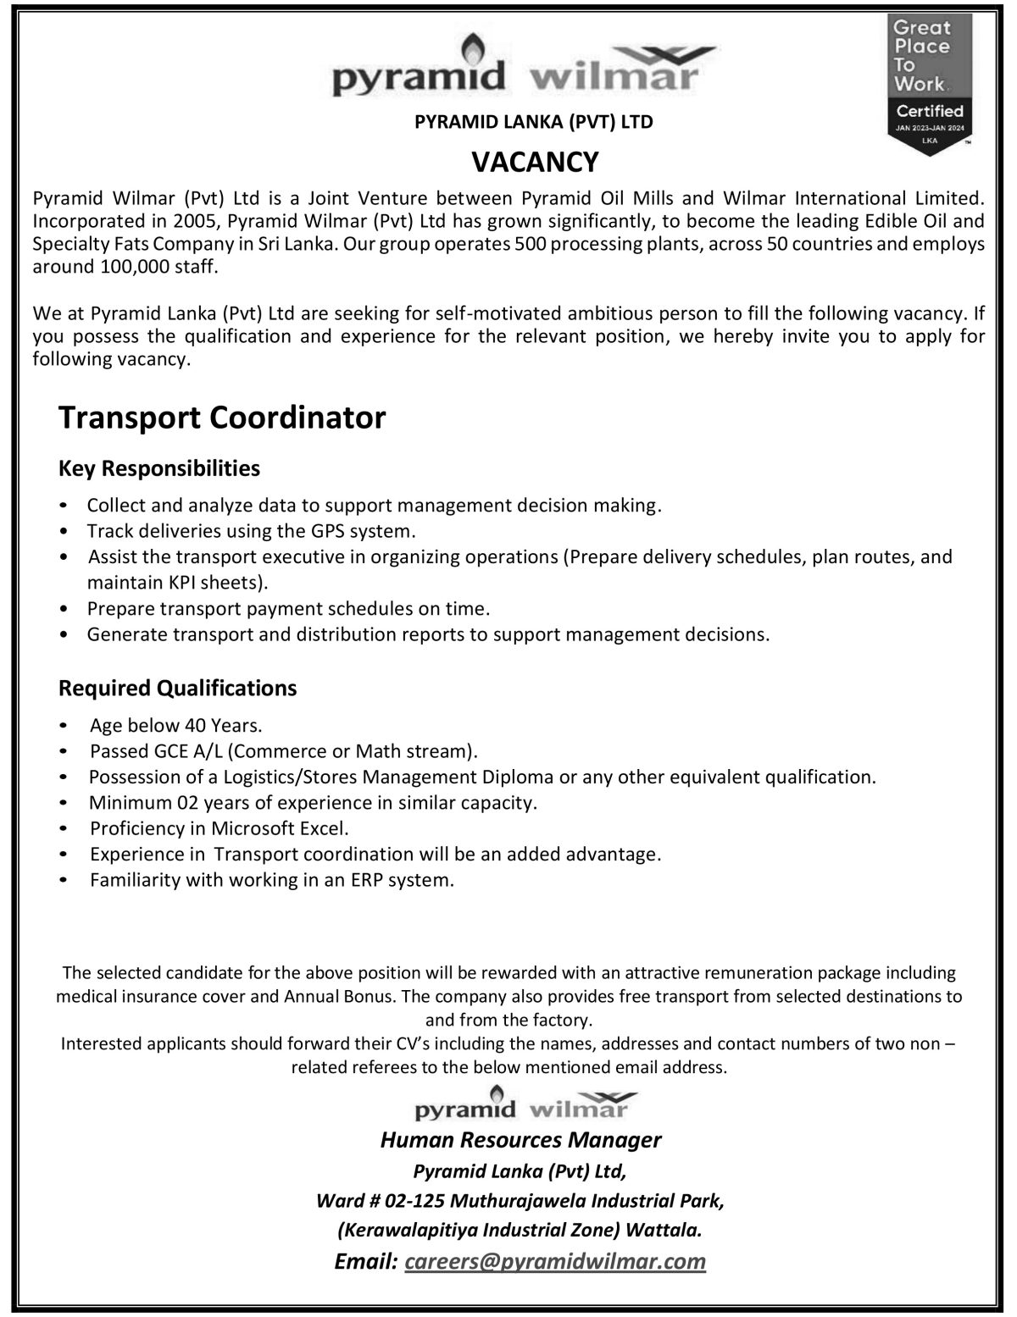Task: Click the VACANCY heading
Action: pos(535,161)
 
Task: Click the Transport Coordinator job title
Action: pos(222,418)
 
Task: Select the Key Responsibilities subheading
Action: pos(159,468)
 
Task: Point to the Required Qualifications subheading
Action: pos(178,688)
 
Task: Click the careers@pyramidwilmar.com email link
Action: pos(555,1261)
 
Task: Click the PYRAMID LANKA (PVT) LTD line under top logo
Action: pos(534,122)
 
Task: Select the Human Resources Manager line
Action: pos(520,1140)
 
